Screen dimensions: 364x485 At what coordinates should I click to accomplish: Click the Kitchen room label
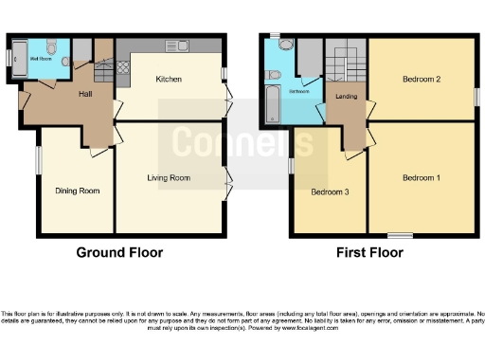(168, 79)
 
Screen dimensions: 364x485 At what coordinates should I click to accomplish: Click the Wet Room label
(42, 57)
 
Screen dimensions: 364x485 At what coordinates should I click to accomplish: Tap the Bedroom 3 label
(330, 191)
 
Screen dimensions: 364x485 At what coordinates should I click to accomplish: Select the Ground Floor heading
(119, 253)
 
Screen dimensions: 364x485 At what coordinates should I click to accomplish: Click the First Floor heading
(369, 253)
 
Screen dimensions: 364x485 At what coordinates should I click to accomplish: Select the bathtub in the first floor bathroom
(271, 107)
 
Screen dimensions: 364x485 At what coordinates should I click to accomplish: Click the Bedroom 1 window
(399, 233)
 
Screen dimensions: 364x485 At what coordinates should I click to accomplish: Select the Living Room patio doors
(227, 177)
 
